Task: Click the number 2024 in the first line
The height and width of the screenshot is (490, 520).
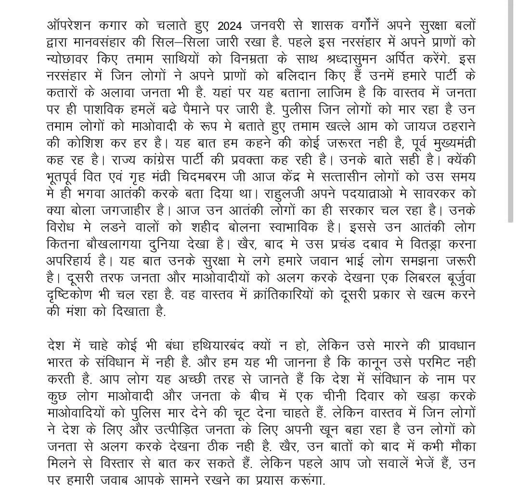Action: point(232,25)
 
